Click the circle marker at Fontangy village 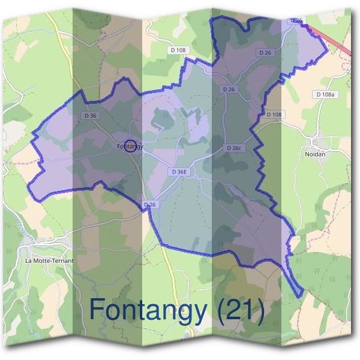[x=129, y=145]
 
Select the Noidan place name [x=314, y=154]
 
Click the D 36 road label [x=91, y=115]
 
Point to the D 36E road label [x=179, y=172]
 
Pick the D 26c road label [x=234, y=148]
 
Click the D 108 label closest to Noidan [x=274, y=114]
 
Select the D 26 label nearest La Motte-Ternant [x=150, y=205]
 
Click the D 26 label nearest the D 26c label [x=228, y=89]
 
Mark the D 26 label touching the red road [x=296, y=20]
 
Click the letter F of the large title [x=97, y=309]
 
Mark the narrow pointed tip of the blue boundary [x=300, y=295]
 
